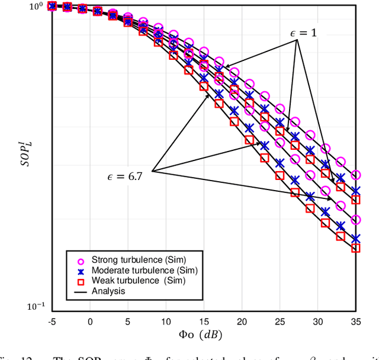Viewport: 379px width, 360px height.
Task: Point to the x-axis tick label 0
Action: click(90, 322)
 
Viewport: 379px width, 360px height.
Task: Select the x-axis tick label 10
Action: click(165, 322)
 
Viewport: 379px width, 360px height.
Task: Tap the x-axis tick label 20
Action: click(242, 322)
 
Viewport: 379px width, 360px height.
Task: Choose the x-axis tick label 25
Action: click(280, 322)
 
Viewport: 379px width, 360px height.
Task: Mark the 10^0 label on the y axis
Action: click(36, 7)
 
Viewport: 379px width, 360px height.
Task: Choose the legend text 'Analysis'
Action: click(108, 291)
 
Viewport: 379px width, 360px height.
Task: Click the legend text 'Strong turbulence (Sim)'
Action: click(136, 260)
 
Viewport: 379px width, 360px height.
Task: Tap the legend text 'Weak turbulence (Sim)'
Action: click(133, 281)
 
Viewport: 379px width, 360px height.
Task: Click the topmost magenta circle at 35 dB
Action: click(355, 175)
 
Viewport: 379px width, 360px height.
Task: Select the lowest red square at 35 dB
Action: click(355, 248)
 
